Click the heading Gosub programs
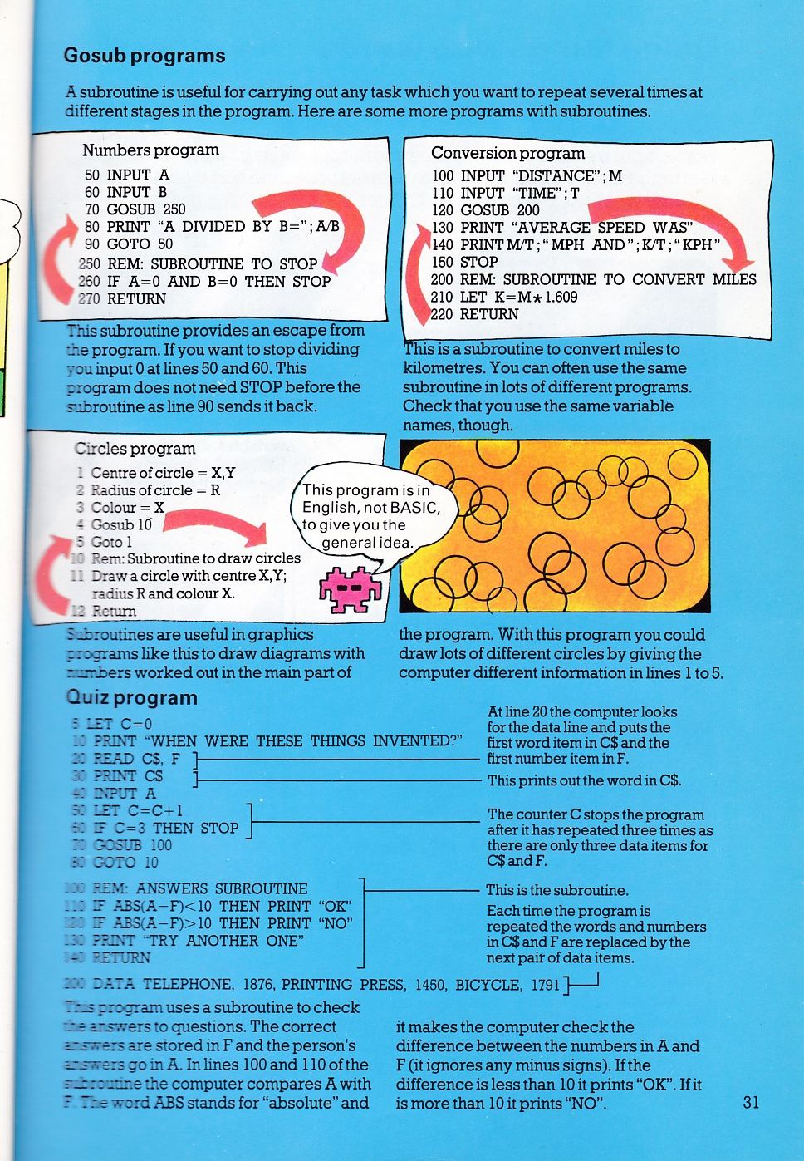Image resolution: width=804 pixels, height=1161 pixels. (x=145, y=56)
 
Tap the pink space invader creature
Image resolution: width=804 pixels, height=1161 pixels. (x=350, y=589)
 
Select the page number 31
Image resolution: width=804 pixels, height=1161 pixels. (x=751, y=1102)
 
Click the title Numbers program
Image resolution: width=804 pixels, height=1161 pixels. (x=150, y=150)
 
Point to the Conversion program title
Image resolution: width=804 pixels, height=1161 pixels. (x=507, y=153)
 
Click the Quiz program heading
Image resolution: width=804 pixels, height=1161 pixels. (x=132, y=698)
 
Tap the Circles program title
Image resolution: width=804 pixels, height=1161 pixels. (x=135, y=449)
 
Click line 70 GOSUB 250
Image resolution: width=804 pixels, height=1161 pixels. (x=135, y=209)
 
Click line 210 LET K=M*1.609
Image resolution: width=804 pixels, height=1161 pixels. (x=504, y=297)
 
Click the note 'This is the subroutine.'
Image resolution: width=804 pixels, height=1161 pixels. (x=557, y=890)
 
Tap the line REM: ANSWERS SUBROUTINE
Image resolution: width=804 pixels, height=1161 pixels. (x=199, y=889)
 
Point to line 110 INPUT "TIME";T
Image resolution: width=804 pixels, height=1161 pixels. (x=505, y=193)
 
